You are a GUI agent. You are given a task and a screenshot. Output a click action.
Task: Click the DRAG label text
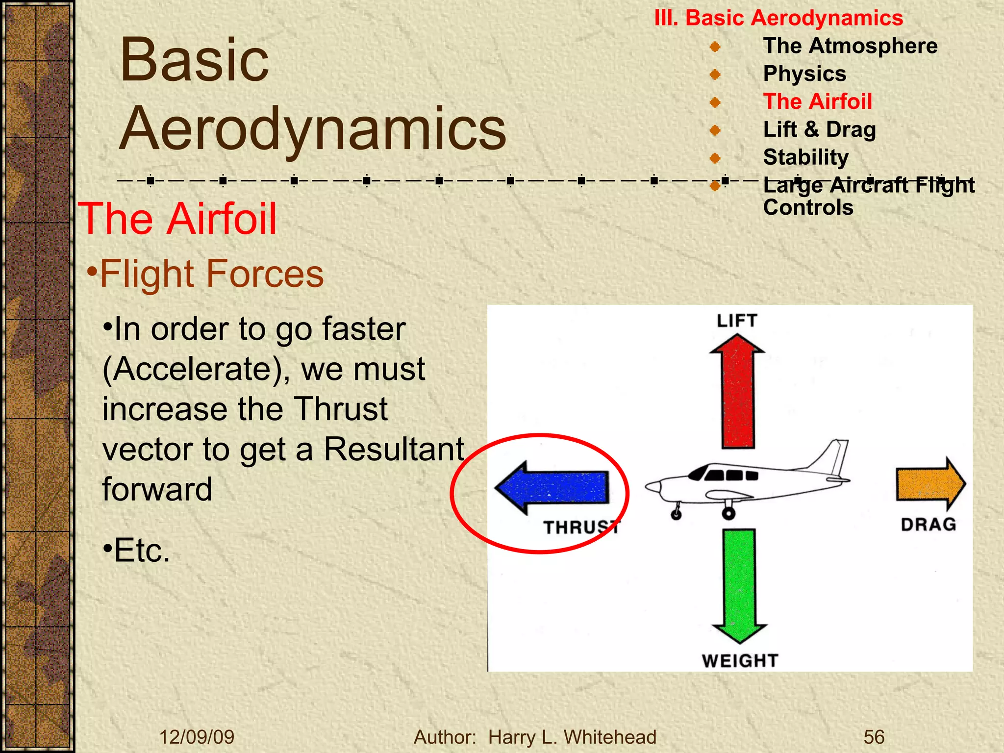point(928,525)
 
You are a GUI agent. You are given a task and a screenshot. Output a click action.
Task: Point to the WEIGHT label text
point(739,661)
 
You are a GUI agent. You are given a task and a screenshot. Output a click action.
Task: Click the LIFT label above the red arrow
point(737,321)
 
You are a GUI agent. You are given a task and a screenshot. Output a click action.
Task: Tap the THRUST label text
point(581,527)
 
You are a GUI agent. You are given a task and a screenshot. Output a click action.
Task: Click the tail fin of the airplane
point(833,456)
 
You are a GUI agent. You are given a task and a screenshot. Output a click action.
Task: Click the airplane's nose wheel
point(676,514)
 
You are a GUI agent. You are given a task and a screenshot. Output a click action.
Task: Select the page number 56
point(874,737)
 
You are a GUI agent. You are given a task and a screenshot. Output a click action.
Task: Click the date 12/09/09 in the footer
point(197,737)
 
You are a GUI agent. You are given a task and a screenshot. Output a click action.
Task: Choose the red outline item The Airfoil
point(817,101)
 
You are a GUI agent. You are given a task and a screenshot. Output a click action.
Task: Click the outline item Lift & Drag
point(819,129)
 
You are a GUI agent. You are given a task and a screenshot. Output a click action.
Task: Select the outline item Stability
point(805,157)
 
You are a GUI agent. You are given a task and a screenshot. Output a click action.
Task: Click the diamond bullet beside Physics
point(715,75)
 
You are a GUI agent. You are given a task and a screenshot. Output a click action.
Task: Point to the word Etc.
point(141,551)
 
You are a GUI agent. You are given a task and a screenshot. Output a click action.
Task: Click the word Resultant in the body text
point(394,449)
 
